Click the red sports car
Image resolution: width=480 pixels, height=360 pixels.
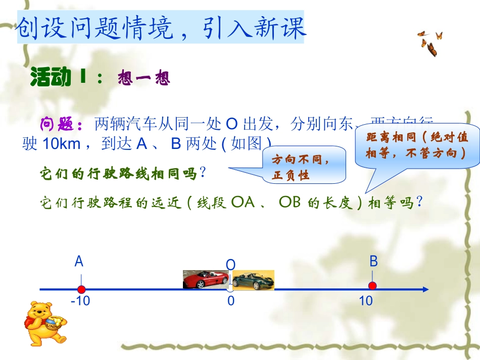click(x=205, y=279)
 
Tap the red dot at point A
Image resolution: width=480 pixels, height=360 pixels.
click(x=81, y=289)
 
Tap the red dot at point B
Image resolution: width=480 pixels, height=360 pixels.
click(x=372, y=286)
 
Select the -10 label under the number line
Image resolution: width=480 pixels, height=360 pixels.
click(x=81, y=301)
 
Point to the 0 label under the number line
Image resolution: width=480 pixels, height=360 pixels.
click(x=231, y=301)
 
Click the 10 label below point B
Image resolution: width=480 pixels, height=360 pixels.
click(x=366, y=301)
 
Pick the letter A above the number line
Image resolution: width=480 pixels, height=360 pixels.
click(x=79, y=262)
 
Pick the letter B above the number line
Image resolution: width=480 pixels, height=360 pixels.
click(x=373, y=261)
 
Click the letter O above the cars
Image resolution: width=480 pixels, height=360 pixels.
click(x=230, y=265)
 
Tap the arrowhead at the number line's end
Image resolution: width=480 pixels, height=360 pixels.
click(x=425, y=289)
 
